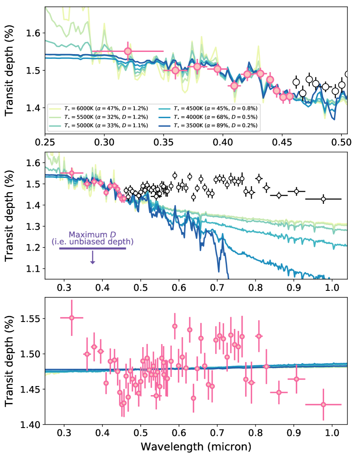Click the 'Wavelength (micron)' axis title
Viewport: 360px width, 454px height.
tap(196, 445)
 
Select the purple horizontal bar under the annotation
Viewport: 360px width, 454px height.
tap(92, 248)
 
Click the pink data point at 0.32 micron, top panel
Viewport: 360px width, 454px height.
tap(128, 51)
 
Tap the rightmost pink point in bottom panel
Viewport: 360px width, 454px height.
tap(323, 404)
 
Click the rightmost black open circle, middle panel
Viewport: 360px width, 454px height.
tap(323, 199)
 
